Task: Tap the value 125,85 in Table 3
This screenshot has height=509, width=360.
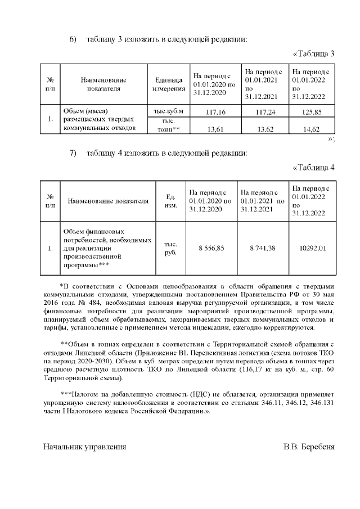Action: click(310, 112)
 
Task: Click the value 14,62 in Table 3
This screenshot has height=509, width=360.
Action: click(310, 129)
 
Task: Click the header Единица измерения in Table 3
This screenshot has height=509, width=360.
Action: click(166, 84)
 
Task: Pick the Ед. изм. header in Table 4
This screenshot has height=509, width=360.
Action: click(170, 201)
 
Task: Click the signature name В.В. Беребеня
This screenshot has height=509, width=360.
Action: click(309, 447)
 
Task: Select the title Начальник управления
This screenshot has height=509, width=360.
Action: click(85, 447)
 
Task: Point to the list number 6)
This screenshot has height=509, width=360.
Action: click(73, 39)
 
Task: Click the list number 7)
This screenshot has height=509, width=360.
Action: click(73, 153)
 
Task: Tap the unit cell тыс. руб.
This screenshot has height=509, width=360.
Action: click(170, 249)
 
